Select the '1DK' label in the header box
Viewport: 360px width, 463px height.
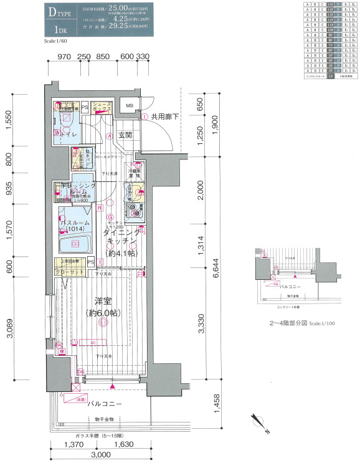[x=60, y=29]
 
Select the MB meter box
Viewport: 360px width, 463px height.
[x=130, y=106]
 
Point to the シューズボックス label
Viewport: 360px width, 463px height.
[x=102, y=107]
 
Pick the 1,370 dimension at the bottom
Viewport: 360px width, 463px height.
[x=72, y=445]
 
